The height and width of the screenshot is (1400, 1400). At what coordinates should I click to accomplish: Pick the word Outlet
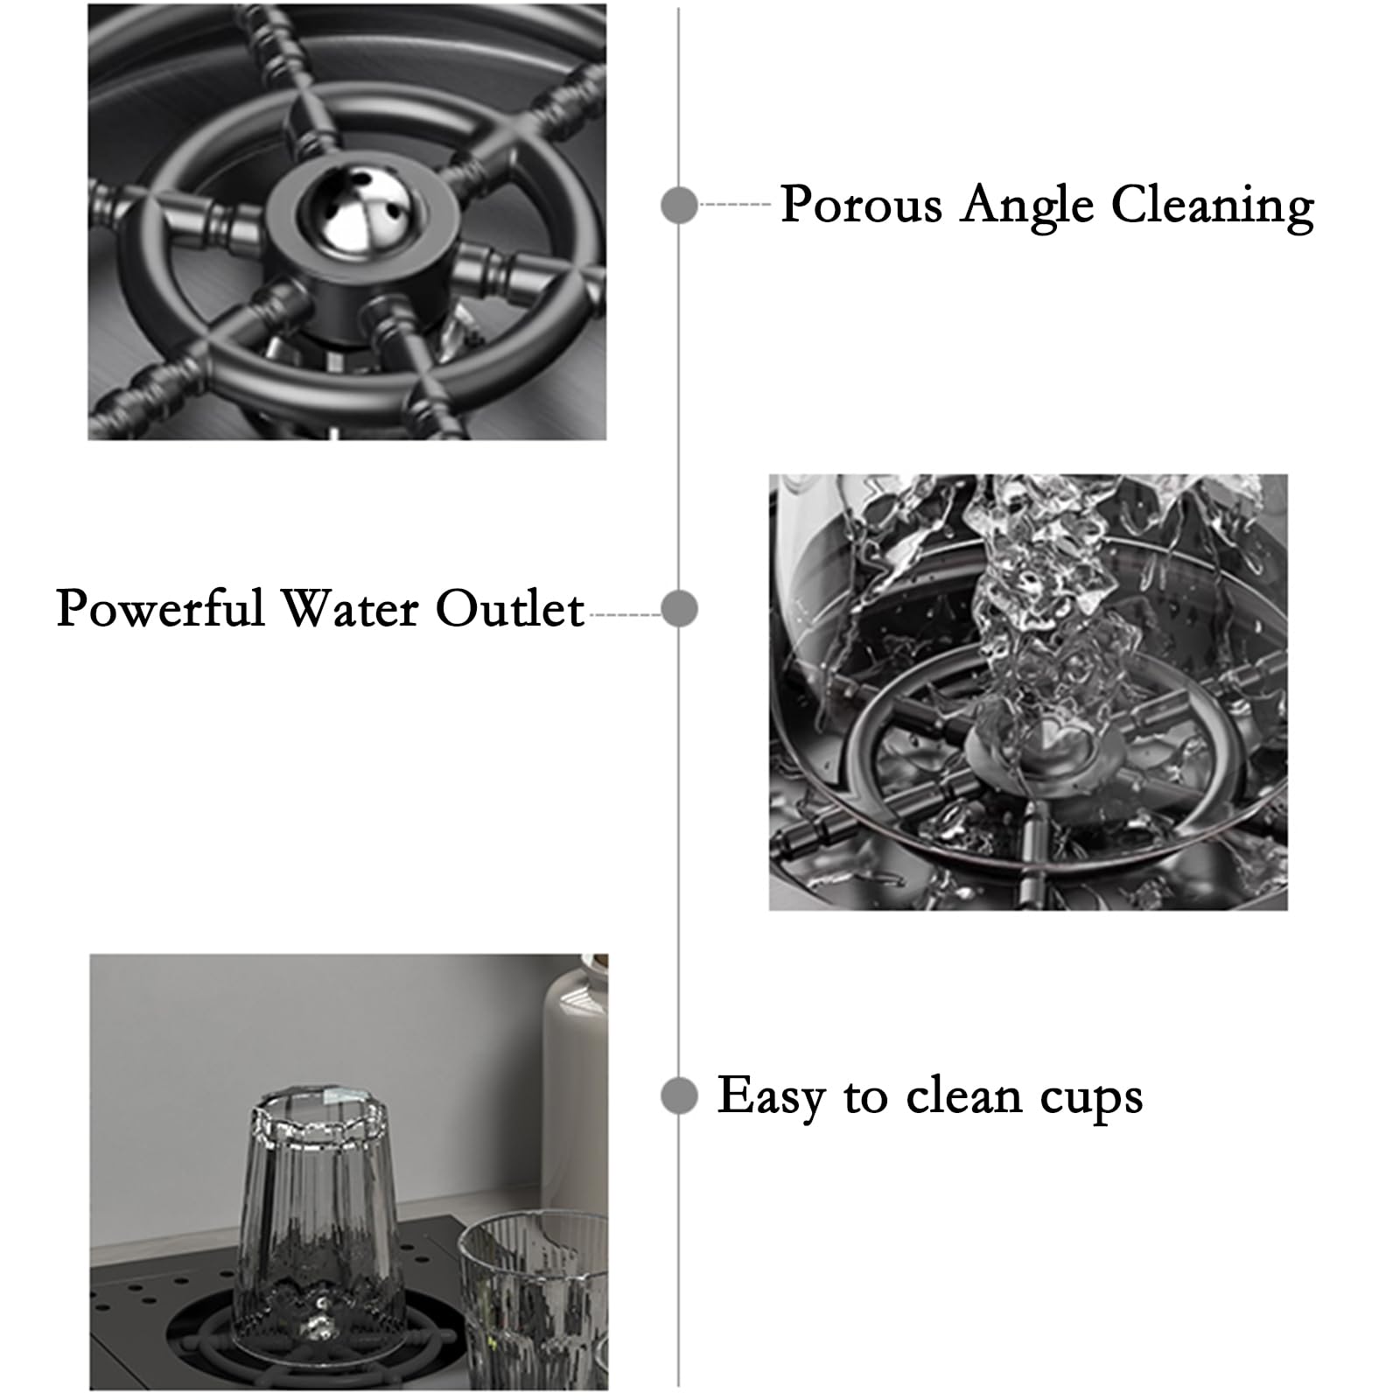(x=510, y=608)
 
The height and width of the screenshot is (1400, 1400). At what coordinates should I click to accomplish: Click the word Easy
(x=771, y=1098)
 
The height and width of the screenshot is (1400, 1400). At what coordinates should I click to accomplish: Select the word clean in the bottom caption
(x=963, y=1095)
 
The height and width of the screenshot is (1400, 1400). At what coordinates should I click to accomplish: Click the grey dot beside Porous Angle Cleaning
(x=679, y=205)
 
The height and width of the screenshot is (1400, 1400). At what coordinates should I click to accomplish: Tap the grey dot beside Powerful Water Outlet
(x=679, y=608)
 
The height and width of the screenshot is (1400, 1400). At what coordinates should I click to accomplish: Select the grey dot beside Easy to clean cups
(x=679, y=1095)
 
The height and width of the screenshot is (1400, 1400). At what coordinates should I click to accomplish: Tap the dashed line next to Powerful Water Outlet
(x=625, y=615)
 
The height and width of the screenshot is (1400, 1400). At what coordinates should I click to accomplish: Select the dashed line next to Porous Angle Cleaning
(x=735, y=205)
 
